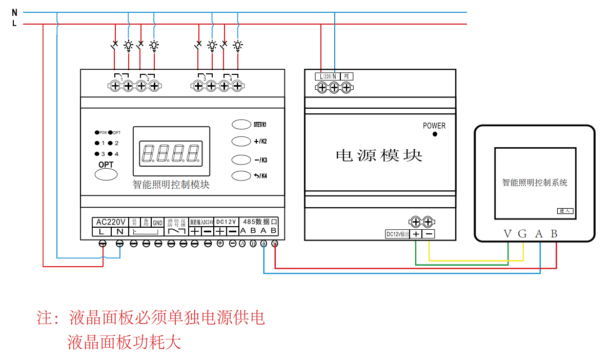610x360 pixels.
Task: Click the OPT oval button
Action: click(106, 174)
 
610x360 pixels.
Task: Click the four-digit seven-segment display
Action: click(171, 152)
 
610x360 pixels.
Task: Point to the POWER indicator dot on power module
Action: click(435, 134)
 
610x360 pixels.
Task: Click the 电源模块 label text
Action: click(379, 155)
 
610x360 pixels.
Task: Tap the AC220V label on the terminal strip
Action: click(111, 222)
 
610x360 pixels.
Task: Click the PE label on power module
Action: click(347, 76)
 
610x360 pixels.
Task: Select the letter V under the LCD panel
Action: click(507, 234)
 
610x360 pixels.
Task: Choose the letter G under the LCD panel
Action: click(522, 234)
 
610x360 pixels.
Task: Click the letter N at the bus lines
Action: click(14, 12)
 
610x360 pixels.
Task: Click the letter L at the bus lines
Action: click(14, 23)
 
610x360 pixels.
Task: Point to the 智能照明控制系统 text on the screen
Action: click(535, 183)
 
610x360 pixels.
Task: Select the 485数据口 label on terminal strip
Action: click(259, 222)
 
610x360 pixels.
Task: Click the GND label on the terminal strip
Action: click(157, 223)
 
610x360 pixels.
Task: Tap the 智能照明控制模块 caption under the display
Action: click(171, 185)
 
